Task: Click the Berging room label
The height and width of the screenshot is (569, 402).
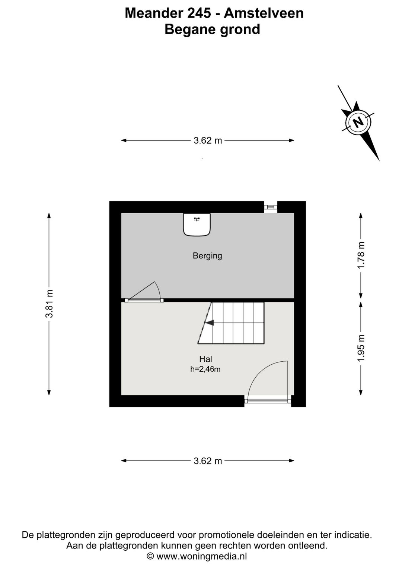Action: (207, 256)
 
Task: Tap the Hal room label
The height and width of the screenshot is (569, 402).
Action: (205, 359)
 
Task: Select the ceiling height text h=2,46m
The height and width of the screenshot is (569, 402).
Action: (205, 370)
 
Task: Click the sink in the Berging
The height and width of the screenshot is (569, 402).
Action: (197, 224)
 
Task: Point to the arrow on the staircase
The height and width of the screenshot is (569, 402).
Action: (210, 323)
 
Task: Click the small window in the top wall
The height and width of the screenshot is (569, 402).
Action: (271, 207)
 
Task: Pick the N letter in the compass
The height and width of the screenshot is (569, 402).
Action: (358, 122)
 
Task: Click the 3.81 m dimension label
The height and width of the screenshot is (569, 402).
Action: (49, 304)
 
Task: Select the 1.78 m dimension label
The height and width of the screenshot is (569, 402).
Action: (361, 255)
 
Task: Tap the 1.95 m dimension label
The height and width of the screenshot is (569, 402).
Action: (361, 348)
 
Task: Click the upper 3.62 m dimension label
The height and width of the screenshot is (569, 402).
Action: (208, 141)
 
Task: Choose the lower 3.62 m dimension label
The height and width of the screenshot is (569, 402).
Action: (208, 461)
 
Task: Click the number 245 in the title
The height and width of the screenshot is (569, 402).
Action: (198, 13)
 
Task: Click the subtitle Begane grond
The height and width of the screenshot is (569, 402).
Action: (212, 29)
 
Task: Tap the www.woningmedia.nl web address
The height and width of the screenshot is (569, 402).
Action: (201, 556)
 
